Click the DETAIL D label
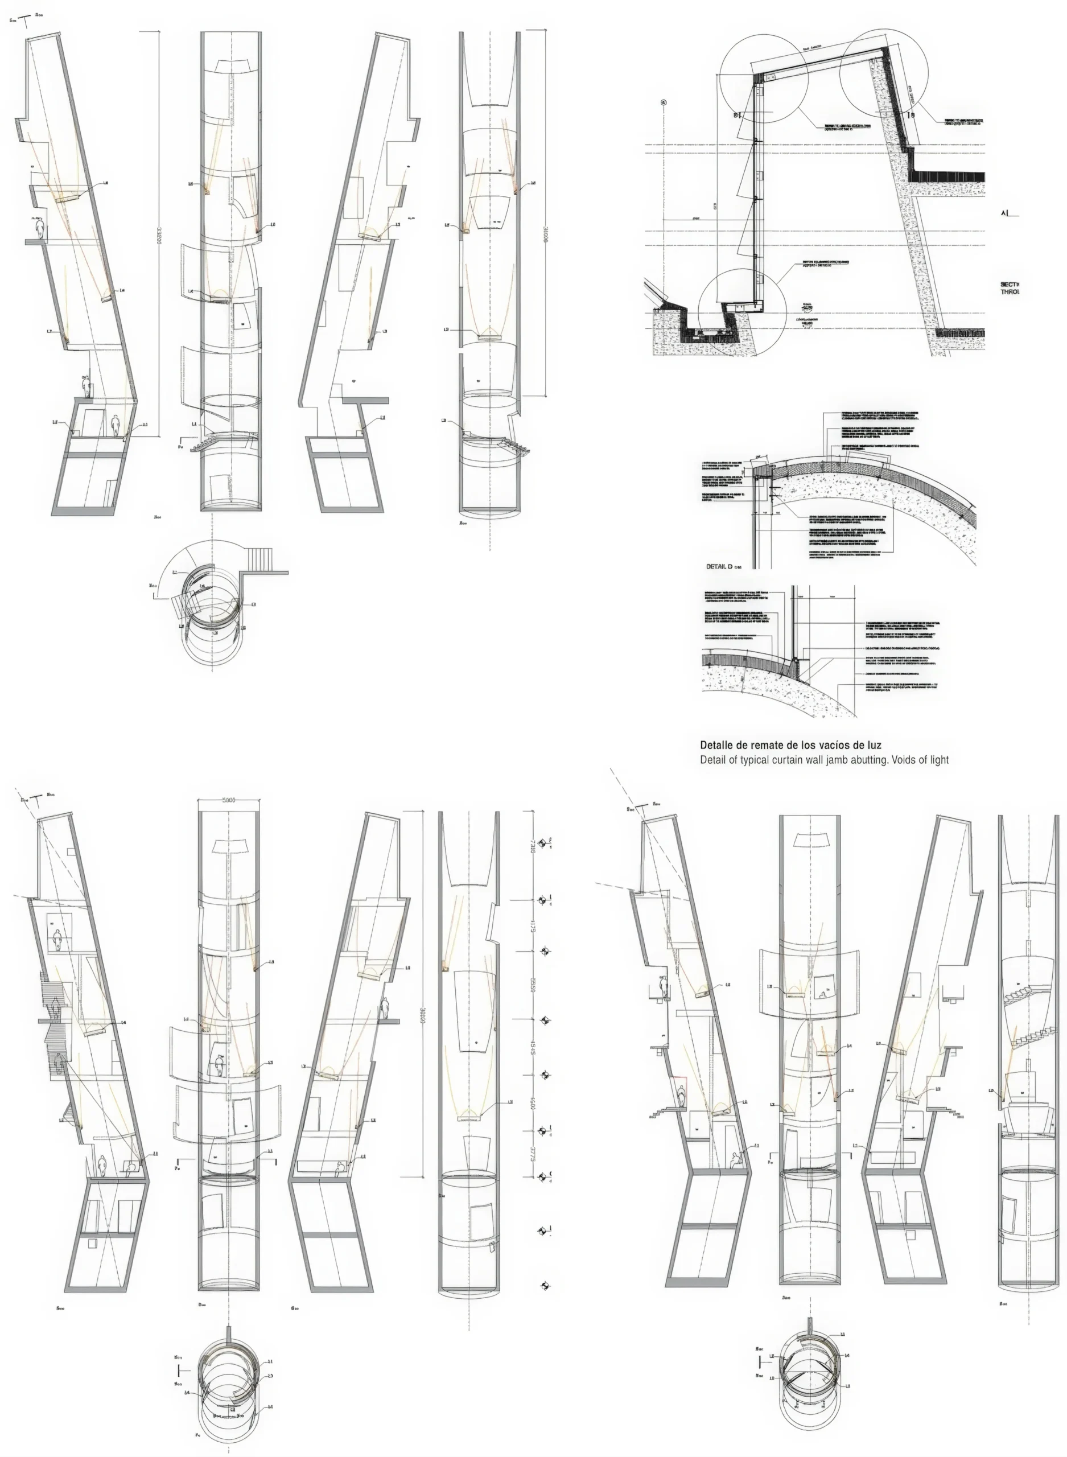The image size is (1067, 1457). coord(719,566)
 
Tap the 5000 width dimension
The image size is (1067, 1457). coord(229,800)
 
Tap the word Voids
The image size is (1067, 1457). coord(905,760)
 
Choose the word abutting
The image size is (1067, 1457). coord(870,760)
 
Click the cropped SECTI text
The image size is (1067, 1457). coord(1010,284)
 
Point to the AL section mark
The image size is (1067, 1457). coord(1006,212)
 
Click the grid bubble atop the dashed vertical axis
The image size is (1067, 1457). coord(664,102)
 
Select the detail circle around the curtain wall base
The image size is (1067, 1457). coord(742,312)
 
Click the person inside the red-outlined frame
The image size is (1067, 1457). coord(681,1093)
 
